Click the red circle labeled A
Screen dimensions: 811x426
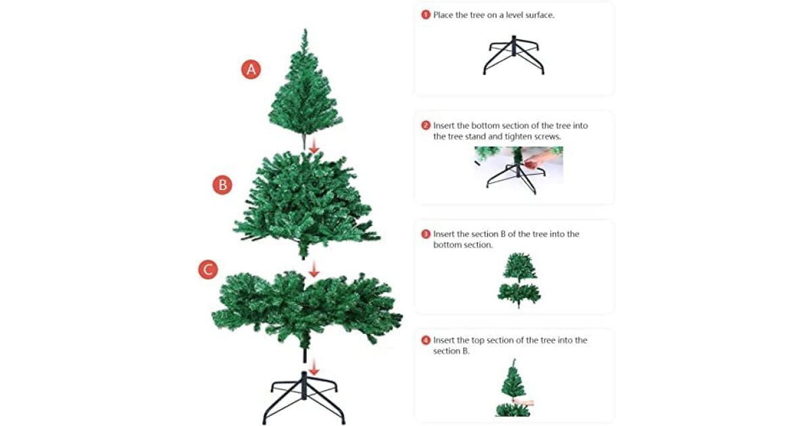click(x=251, y=70)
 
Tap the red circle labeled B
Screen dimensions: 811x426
click(x=222, y=185)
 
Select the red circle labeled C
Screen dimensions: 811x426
click(x=208, y=270)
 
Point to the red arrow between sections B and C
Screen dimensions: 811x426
click(x=314, y=270)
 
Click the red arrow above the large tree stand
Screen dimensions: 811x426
click(x=314, y=367)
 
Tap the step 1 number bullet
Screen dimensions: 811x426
click(x=426, y=15)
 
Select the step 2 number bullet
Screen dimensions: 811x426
click(x=426, y=125)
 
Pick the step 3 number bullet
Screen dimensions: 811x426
click(x=426, y=234)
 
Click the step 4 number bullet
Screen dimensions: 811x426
click(x=426, y=340)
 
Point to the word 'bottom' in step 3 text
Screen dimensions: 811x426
click(x=446, y=245)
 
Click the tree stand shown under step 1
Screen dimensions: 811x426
click(x=514, y=55)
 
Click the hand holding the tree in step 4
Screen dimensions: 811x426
click(x=523, y=402)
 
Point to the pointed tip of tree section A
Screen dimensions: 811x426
click(x=305, y=30)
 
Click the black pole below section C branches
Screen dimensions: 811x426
click(x=305, y=356)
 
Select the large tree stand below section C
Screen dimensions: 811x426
click(x=303, y=398)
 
